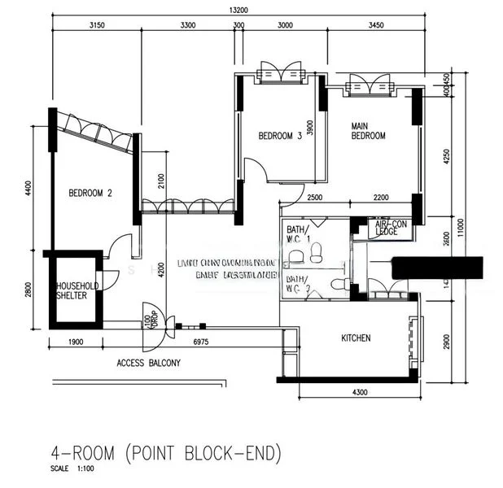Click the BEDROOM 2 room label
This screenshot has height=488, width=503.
coord(90,193)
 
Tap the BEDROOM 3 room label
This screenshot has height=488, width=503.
coord(280,136)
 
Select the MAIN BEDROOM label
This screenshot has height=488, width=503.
coord(368,131)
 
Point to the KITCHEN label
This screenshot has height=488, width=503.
coord(356,338)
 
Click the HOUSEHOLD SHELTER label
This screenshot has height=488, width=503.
coord(77,291)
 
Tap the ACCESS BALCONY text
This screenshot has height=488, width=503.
coord(148,363)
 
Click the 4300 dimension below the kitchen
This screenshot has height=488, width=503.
coord(359,393)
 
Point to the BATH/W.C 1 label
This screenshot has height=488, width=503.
coord(297,234)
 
